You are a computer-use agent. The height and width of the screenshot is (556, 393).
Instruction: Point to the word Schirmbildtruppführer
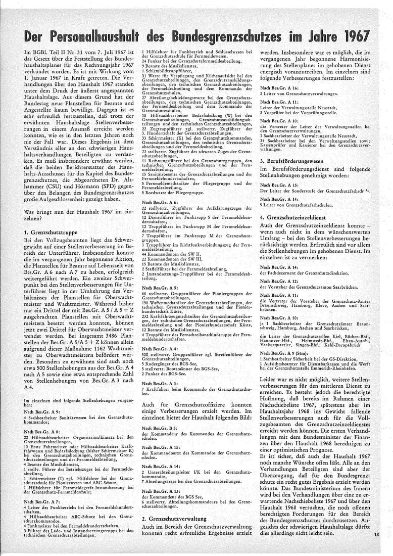tap(169, 71)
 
